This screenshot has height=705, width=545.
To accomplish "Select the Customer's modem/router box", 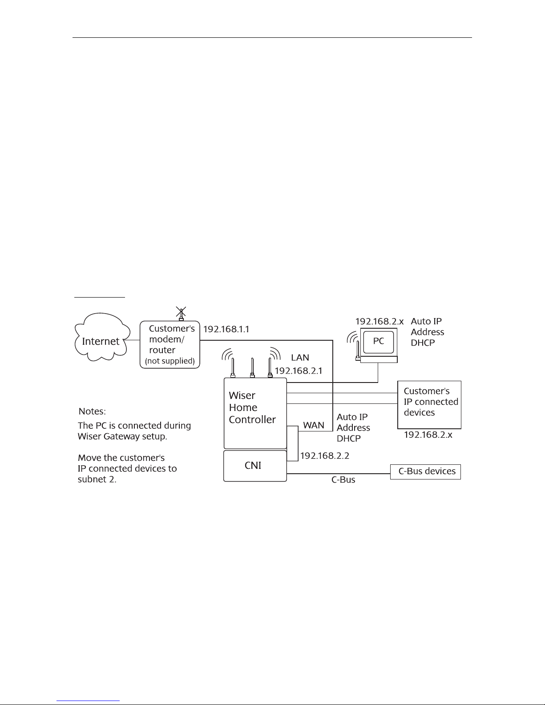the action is (x=170, y=345).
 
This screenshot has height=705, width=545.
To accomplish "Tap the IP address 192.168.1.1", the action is (x=226, y=329).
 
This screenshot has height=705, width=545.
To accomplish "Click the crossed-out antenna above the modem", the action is (x=181, y=314).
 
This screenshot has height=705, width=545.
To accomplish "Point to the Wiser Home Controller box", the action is (x=255, y=413).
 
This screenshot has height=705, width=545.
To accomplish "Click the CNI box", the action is (x=255, y=466).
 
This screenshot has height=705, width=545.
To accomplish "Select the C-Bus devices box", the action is (x=425, y=472).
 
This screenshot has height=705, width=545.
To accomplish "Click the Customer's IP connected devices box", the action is (x=429, y=405).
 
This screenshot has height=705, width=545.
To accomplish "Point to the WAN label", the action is (x=313, y=425).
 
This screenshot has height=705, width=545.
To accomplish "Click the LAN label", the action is (x=300, y=358).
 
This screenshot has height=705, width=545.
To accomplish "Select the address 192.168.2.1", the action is (x=299, y=371).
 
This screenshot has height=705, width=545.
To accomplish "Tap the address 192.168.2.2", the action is (x=324, y=456).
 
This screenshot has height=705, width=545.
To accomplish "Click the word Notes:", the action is (x=92, y=411).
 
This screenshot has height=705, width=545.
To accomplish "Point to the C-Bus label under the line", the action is (x=343, y=479).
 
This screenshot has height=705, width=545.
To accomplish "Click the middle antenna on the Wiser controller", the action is (x=252, y=367).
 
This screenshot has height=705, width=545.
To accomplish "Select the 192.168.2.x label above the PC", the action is (x=379, y=322).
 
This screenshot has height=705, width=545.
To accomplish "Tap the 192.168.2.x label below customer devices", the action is (x=428, y=435).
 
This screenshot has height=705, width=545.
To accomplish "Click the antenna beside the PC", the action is (x=358, y=350).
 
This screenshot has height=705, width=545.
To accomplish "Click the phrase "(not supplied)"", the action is (x=170, y=361).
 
